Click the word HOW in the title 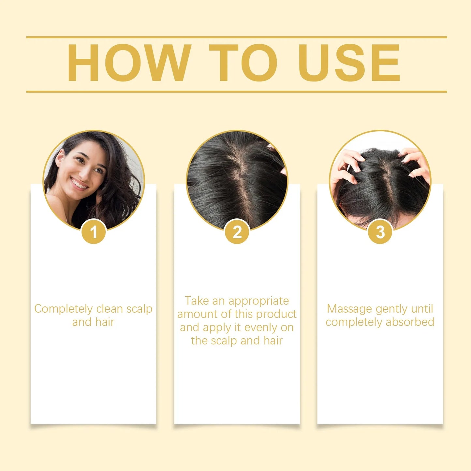pos(129,63)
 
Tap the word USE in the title pos(349,63)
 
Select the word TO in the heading pos(243,63)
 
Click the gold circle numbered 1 pos(94,232)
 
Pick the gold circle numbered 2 pos(237,232)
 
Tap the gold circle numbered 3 pos(380,232)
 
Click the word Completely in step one pos(64,309)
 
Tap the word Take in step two pos(197,301)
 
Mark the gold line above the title pos(236,37)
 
